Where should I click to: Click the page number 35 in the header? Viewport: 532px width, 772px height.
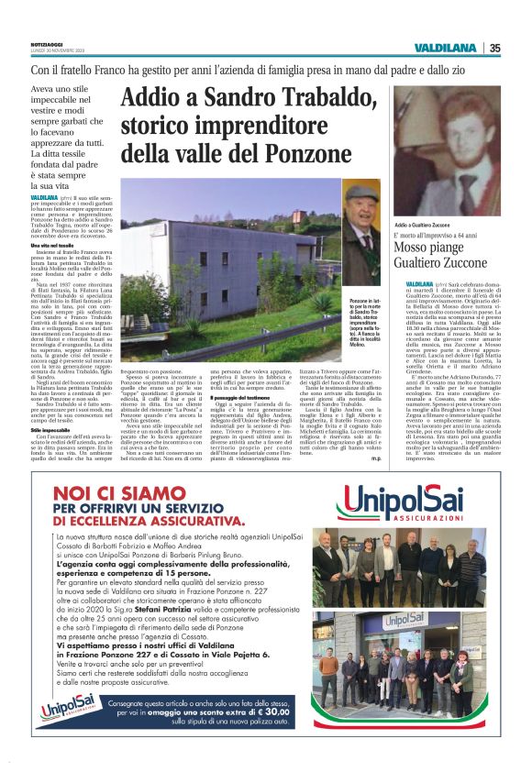494,48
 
